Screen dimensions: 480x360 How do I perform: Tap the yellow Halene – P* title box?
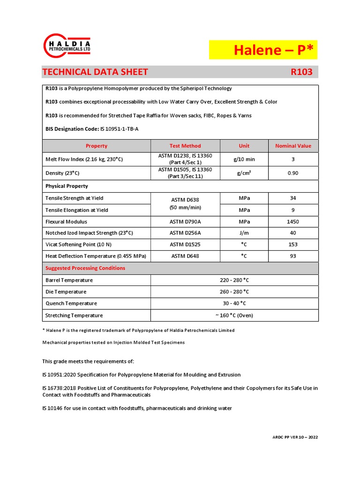coord(263,50)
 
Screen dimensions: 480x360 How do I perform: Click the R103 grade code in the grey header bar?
coord(301,72)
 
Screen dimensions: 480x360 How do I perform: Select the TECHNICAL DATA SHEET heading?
coord(95,72)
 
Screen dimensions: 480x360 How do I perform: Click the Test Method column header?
coord(185,146)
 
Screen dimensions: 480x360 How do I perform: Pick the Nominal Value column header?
coord(293,146)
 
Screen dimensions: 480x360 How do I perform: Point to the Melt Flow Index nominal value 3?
coord(293,159)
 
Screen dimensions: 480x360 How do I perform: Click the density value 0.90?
coord(293,173)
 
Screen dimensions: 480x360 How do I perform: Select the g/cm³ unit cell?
coord(244,173)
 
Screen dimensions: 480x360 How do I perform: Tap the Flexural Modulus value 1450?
coord(293,222)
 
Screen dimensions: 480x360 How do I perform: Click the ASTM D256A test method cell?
coord(185,233)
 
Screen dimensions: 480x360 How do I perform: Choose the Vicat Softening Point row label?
coord(78,245)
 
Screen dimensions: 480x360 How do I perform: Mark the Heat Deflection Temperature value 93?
coord(293,256)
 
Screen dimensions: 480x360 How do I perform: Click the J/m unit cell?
coord(244,233)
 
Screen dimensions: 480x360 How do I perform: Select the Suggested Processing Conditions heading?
coord(85,268)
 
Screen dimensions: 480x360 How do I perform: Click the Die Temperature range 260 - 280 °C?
coord(234,292)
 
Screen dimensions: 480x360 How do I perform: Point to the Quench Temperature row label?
coord(71,303)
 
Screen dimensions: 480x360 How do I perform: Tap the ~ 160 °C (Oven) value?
coord(234,315)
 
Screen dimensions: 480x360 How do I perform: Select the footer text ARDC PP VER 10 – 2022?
coord(295,437)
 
